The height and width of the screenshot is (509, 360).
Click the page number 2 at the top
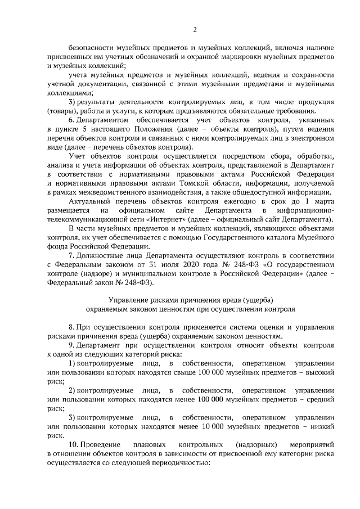(x=195, y=29)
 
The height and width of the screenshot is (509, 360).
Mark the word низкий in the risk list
(x=321, y=426)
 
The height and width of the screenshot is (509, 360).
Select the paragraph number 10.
(x=73, y=444)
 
